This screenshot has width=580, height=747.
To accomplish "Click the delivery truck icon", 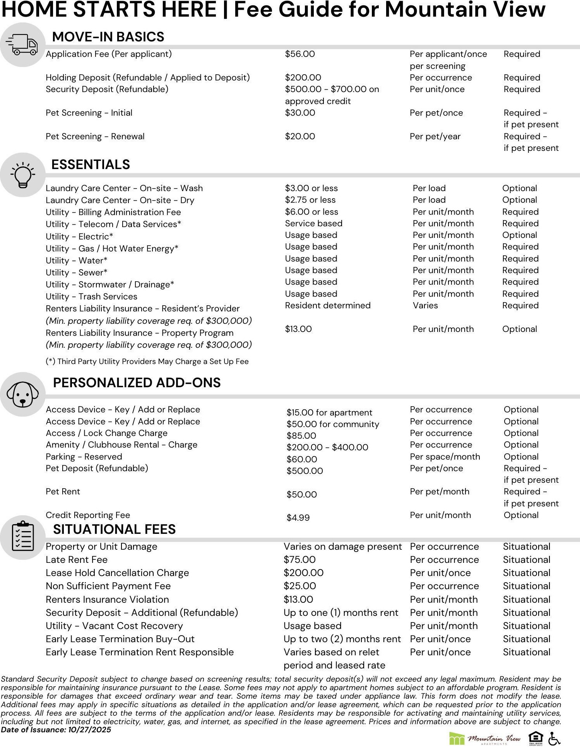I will [x=23, y=45].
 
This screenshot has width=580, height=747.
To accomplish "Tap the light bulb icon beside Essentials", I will [x=23, y=175].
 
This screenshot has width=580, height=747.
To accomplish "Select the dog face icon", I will [x=23, y=394].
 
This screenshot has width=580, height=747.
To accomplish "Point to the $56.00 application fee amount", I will [x=300, y=54].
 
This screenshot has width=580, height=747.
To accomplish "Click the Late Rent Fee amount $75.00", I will [x=299, y=560].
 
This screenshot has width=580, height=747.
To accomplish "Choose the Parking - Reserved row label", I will [x=84, y=457].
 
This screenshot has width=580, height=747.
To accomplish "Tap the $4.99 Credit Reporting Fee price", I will [x=298, y=518].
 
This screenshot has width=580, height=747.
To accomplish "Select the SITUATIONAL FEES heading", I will [x=114, y=529].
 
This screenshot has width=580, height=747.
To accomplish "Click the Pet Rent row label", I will [x=63, y=492].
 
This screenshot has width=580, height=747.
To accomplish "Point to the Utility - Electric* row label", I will [x=79, y=237].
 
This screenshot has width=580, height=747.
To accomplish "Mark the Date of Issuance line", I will [x=56, y=730].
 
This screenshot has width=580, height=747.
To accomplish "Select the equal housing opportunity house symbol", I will [x=536, y=738].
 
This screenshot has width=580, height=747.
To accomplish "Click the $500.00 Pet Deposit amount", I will [x=305, y=471].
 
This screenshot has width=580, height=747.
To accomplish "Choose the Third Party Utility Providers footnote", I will [x=147, y=362].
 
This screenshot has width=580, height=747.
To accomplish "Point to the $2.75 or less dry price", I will [x=310, y=200].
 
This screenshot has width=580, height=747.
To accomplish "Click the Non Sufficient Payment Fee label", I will [x=108, y=586].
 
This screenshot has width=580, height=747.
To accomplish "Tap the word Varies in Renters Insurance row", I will [x=425, y=306].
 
